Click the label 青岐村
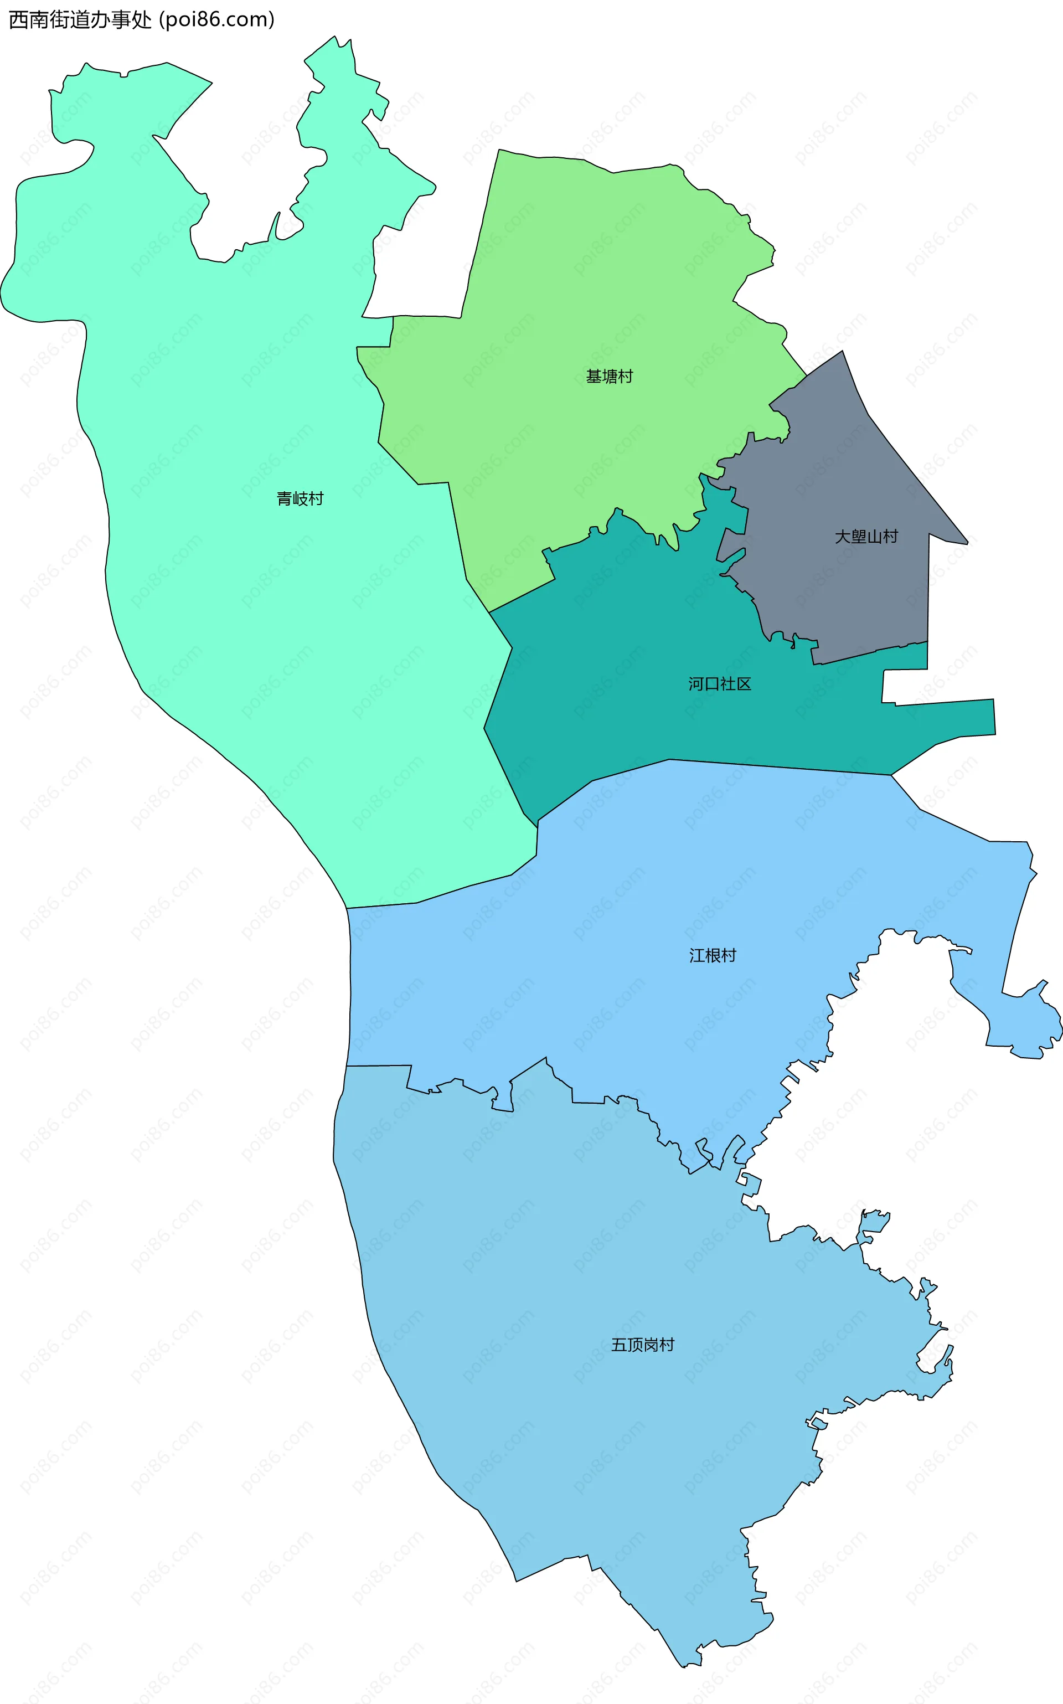point(300,498)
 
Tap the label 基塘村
point(610,377)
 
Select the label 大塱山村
point(866,537)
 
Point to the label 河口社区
point(719,683)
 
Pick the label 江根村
point(712,955)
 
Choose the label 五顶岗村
point(643,1345)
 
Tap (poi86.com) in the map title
point(216,20)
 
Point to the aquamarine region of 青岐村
point(246,598)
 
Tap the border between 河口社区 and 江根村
point(773,766)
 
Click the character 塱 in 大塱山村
point(858,537)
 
